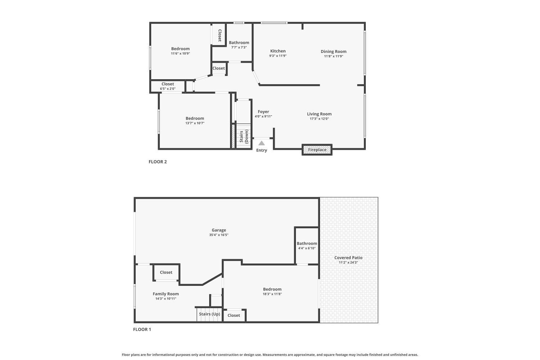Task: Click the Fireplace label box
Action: click(x=317, y=150)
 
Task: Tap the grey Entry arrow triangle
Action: click(x=262, y=143)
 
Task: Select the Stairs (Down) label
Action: click(x=244, y=136)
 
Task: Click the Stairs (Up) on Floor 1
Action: click(x=209, y=314)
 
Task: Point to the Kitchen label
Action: click(x=278, y=51)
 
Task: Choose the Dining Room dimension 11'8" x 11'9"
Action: click(x=333, y=56)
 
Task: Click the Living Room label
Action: click(x=319, y=114)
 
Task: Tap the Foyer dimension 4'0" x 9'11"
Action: click(x=263, y=116)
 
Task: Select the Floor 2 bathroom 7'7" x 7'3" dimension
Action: click(x=239, y=47)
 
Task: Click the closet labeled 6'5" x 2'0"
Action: click(x=168, y=89)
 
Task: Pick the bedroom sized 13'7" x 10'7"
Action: click(x=195, y=123)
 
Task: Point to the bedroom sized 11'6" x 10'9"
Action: click(x=180, y=53)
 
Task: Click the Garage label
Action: click(x=219, y=230)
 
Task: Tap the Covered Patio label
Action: click(x=348, y=257)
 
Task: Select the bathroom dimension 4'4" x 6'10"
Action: click(x=307, y=248)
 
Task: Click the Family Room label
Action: click(x=166, y=294)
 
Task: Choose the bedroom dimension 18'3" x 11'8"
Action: click(x=272, y=294)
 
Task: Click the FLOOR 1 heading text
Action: click(x=142, y=329)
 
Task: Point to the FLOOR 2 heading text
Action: click(x=158, y=162)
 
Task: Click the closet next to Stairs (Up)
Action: click(x=234, y=315)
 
